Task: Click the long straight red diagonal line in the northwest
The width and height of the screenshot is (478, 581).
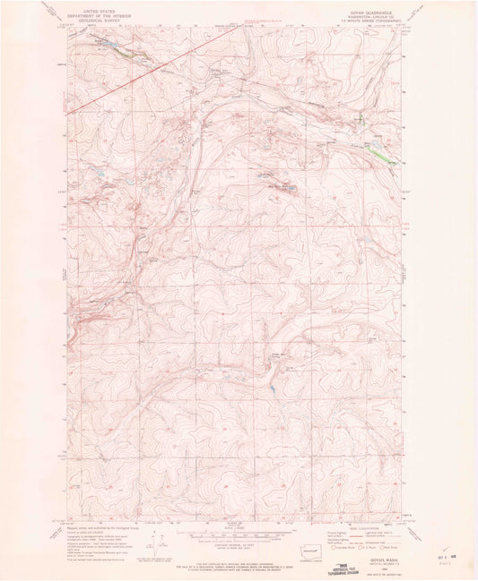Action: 135,77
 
